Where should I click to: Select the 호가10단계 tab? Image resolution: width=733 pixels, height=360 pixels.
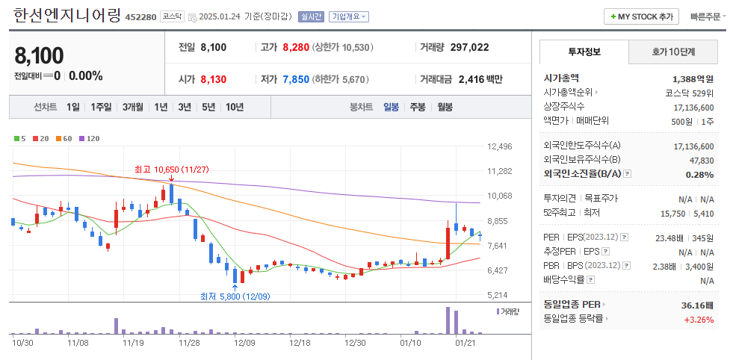pos(672,52)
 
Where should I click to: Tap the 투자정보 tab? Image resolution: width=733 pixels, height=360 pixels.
pos(584,52)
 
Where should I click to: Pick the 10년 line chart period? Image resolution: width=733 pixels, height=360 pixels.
pos(234,107)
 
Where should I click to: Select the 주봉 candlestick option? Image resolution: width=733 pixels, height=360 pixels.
pos(417,107)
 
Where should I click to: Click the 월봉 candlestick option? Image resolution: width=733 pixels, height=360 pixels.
pos(445,107)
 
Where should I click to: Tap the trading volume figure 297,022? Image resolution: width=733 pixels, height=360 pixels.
pos(469,47)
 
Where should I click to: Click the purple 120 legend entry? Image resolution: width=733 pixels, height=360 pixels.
pos(90,139)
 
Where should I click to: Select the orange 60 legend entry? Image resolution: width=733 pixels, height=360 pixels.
pos(64,139)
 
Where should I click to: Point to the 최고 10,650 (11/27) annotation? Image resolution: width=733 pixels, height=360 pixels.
pos(171,170)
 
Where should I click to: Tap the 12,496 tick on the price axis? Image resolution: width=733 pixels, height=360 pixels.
pos(500,146)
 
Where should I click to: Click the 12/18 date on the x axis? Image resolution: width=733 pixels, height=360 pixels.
pos(299,343)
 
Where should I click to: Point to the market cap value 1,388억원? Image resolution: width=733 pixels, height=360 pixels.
pos(693,78)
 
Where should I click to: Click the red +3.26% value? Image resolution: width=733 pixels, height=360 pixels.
pos(699,320)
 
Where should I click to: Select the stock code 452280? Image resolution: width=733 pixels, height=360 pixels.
pos(140,17)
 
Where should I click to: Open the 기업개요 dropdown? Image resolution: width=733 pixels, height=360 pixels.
pos(349,17)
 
